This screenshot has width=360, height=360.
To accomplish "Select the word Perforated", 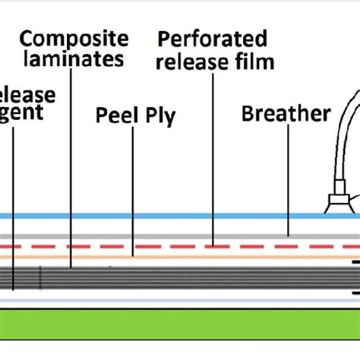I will coord(212,38).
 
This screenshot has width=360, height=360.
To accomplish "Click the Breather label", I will coord(286,114).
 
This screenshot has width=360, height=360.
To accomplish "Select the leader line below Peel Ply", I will coord(132,190).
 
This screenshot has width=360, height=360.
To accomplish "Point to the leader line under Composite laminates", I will coord(71,167).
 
